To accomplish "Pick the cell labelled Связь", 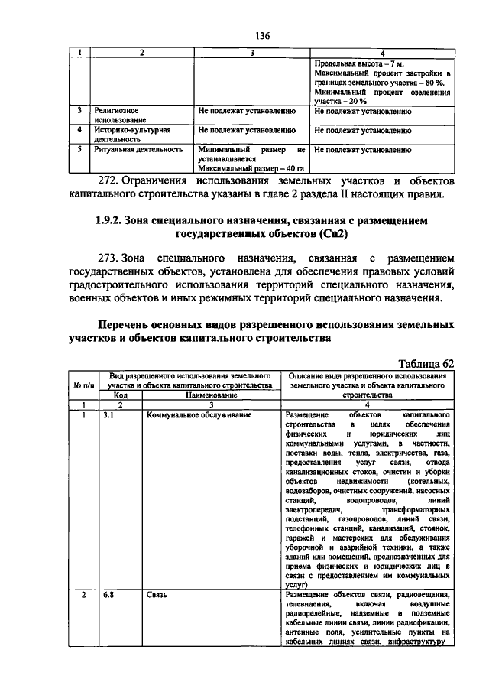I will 157,595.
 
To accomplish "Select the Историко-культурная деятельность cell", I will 131,135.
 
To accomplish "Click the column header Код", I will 121,395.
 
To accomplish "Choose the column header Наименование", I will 210,395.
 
